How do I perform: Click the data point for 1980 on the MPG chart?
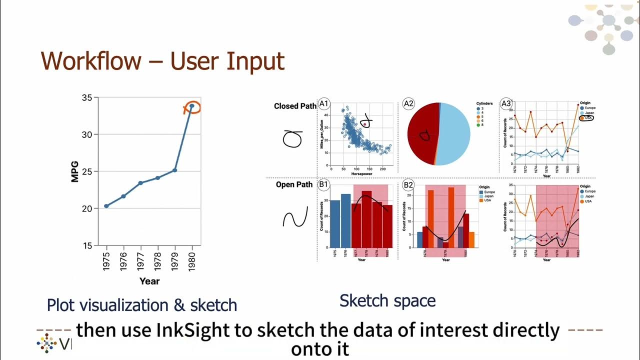[x=192, y=106]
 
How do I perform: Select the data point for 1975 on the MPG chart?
[x=106, y=206]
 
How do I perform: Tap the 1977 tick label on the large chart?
[x=140, y=261]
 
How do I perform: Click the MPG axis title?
[x=75, y=171]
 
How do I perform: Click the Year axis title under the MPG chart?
[x=149, y=281]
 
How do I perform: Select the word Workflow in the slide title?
[x=91, y=61]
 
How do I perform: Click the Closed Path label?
[x=295, y=106]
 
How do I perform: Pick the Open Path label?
[x=294, y=184]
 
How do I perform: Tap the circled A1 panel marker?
[x=324, y=104]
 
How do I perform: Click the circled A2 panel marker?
[x=408, y=104]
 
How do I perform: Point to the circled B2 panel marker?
[x=408, y=184]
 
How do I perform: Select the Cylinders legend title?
[x=484, y=104]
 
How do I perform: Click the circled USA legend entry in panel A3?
[x=586, y=118]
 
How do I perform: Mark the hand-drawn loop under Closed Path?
[x=293, y=139]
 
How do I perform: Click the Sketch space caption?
[x=387, y=300]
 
